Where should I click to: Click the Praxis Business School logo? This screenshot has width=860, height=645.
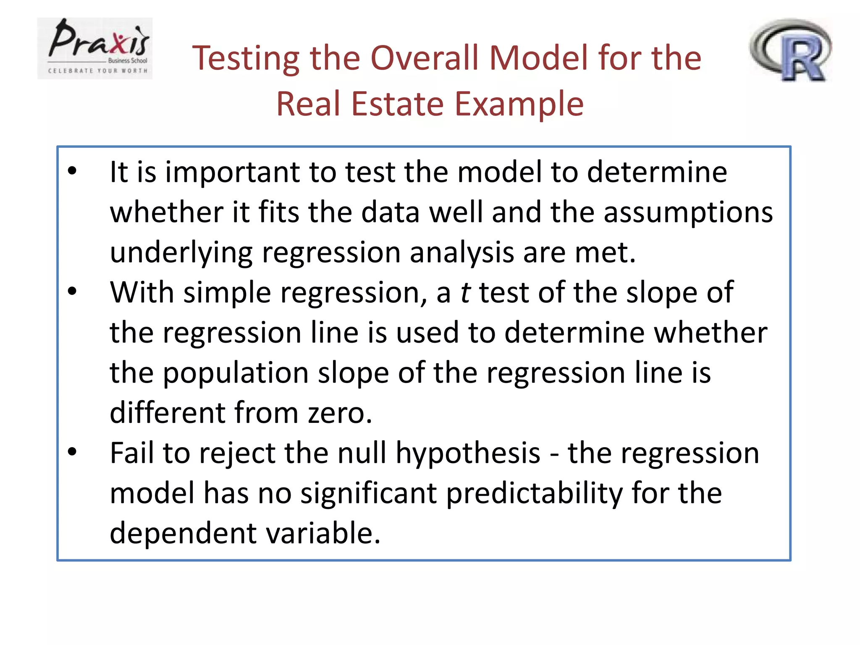[95, 48]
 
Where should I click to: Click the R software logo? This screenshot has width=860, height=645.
[790, 50]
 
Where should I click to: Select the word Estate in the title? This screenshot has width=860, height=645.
[397, 104]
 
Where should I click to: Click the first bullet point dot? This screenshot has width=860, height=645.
[72, 171]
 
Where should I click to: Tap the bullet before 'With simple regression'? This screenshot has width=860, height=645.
[72, 291]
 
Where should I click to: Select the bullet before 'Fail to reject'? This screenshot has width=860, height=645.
[72, 452]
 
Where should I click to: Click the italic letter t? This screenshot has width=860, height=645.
[465, 292]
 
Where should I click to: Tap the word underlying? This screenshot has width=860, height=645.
[181, 253]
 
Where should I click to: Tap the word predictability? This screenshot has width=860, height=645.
[534, 494]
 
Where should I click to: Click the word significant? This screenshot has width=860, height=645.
[368, 493]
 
